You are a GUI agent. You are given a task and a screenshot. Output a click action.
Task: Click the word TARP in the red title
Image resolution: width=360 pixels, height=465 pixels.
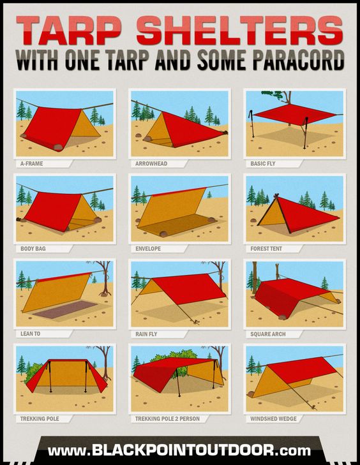[x=69, y=30]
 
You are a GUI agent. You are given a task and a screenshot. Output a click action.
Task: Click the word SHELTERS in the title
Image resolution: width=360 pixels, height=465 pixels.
[x=240, y=30]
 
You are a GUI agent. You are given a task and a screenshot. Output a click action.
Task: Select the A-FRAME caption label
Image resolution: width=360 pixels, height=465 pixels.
[x=31, y=164]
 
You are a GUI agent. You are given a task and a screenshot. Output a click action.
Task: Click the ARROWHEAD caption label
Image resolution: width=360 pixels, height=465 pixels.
[x=151, y=164]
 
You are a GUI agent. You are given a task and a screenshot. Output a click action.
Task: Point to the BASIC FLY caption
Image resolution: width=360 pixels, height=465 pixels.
[x=262, y=164]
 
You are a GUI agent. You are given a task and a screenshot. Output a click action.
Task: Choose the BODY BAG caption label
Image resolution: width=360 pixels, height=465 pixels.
[x=33, y=249]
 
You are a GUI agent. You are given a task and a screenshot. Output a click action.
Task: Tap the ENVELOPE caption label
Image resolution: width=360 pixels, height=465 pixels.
[x=148, y=249]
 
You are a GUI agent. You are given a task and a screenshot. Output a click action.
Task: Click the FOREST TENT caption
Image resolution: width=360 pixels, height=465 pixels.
[x=266, y=249]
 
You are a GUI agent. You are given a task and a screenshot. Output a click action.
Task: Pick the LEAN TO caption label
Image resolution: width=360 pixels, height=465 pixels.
[x=30, y=334]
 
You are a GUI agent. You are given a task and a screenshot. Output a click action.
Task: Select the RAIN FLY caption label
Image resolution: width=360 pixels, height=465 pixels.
[x=146, y=334]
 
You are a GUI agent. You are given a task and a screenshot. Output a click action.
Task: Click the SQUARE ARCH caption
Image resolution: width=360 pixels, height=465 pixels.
[x=268, y=334]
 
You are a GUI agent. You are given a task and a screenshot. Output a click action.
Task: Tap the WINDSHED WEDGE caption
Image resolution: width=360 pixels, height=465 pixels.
[x=273, y=419]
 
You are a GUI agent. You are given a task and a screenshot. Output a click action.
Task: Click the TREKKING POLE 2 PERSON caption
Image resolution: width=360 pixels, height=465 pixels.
[x=167, y=419]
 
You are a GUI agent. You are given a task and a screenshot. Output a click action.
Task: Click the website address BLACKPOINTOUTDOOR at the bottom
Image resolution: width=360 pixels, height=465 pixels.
[x=179, y=450]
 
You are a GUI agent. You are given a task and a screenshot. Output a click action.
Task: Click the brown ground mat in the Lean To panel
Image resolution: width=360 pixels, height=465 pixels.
[x=64, y=309]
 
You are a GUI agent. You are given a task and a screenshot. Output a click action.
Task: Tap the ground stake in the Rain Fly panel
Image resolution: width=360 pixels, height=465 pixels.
[x=196, y=322]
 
